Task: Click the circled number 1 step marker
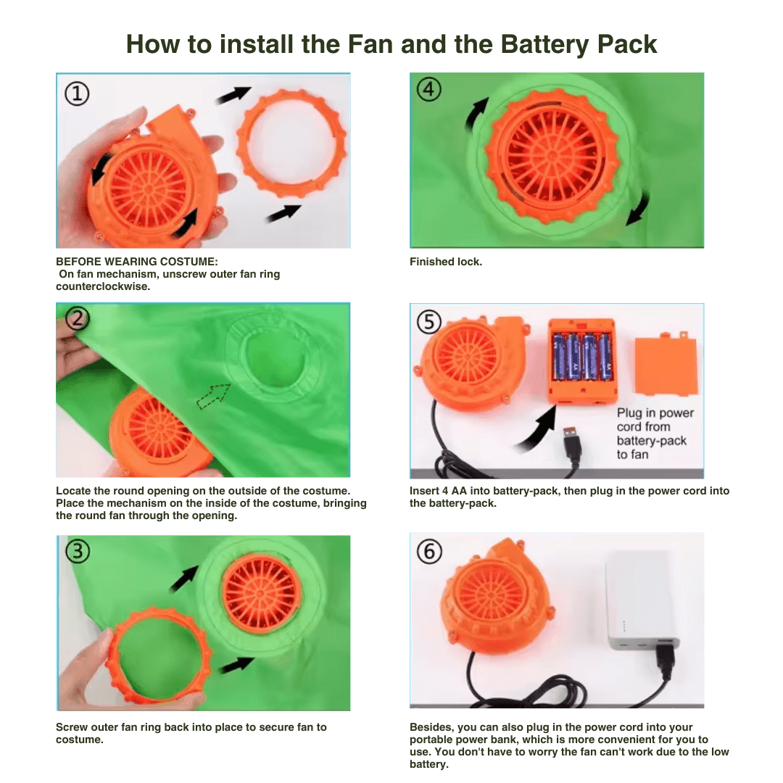click(x=77, y=94)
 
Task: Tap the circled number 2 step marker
click(x=77, y=318)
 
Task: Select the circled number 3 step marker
click(x=78, y=551)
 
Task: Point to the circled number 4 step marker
click(x=429, y=89)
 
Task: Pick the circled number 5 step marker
click(x=429, y=322)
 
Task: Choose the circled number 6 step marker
click(x=429, y=552)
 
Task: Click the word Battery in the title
click(x=544, y=45)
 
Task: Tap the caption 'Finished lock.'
click(x=446, y=262)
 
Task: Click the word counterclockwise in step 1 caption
click(x=103, y=286)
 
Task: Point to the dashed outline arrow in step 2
click(x=213, y=396)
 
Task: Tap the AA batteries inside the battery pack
click(x=581, y=357)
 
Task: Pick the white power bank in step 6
click(x=642, y=600)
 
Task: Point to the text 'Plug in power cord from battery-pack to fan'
click(x=655, y=434)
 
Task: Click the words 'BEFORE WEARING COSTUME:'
click(x=137, y=262)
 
